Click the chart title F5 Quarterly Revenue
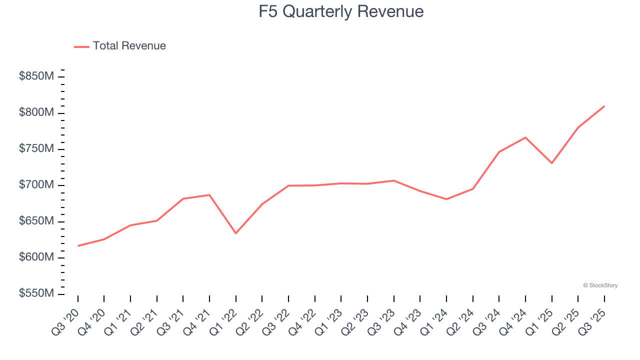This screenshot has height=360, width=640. pos(341,11)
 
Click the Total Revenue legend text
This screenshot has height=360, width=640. pos(129,46)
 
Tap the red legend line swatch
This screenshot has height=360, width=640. pos(81,46)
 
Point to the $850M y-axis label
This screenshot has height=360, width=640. pos(36,76)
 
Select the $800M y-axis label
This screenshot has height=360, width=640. pos(36,113)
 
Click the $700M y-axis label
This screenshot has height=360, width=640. pos(36,185)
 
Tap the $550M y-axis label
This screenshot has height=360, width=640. pos(36,294)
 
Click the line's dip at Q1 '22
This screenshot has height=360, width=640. pos(236,233)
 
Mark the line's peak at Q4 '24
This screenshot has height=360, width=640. pos(525,137)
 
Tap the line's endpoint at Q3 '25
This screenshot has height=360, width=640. pos(604,106)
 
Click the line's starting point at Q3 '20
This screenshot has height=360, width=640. pos(78,246)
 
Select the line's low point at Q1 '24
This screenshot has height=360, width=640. pos(446,199)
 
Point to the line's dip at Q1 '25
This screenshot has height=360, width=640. pos(552,163)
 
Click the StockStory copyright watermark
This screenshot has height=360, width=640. pos(600,285)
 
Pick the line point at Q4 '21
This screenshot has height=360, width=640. pos(209,194)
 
